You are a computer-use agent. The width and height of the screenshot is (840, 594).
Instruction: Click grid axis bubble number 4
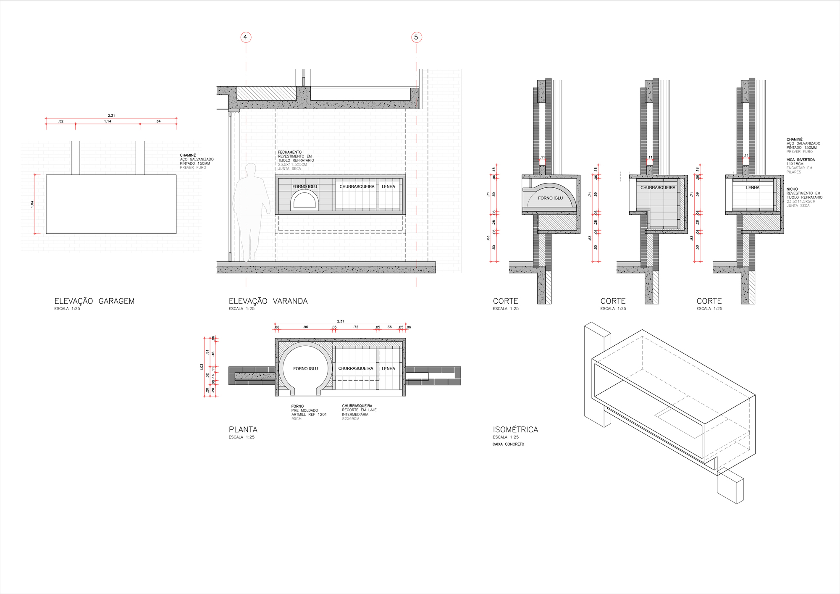tap(246, 37)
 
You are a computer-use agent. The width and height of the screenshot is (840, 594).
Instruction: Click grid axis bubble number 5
tap(416, 37)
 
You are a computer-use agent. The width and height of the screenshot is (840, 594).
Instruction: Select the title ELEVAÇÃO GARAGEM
tap(94, 301)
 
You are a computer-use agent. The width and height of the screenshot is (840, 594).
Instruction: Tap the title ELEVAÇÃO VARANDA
tap(268, 301)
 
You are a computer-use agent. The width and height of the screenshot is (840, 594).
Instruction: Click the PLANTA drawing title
tap(243, 430)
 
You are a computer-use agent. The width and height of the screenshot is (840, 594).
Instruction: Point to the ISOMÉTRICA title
tap(515, 430)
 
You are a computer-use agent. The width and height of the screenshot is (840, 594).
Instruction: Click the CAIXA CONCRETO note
tap(508, 444)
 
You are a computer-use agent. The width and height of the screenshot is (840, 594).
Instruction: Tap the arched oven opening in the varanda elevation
tap(304, 201)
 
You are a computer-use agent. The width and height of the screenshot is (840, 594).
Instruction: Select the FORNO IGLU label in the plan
tap(305, 369)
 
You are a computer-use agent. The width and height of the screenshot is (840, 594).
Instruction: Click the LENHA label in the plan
tap(388, 369)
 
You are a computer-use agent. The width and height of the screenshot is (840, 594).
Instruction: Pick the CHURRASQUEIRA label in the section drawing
tap(658, 188)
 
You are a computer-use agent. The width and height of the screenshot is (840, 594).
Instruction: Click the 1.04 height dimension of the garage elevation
tap(32, 204)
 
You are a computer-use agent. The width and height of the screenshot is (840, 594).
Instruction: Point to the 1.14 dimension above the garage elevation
tap(108, 121)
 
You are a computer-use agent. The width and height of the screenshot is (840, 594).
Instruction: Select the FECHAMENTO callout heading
tap(289, 152)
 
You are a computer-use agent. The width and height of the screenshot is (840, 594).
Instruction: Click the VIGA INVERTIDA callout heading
tap(801, 160)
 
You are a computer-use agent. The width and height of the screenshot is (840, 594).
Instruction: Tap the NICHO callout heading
tap(792, 189)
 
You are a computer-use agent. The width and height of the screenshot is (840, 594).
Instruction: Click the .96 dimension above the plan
tap(305, 327)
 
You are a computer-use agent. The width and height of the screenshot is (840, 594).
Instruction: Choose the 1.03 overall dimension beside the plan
tap(202, 367)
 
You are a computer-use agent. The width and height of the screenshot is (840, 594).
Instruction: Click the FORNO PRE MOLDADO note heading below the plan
tap(297, 407)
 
